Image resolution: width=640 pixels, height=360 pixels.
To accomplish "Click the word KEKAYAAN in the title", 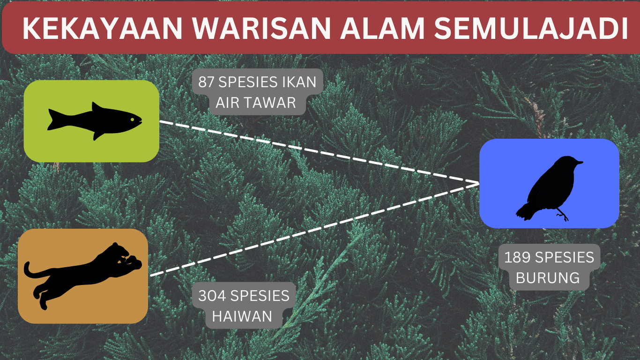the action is (102, 28).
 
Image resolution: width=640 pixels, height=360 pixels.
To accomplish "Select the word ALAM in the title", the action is (382, 28).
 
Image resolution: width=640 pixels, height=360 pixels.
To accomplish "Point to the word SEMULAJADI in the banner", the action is (530, 28).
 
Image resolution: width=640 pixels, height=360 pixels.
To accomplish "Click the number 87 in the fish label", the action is (206, 82).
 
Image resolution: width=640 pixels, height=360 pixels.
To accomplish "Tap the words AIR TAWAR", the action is (256, 103).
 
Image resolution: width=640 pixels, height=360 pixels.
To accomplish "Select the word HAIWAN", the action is (242, 316).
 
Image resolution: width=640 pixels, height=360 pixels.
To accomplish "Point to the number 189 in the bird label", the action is (517, 257).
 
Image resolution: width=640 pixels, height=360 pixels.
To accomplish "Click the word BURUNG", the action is (548, 278).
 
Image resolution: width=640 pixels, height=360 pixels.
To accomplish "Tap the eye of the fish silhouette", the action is (132, 120).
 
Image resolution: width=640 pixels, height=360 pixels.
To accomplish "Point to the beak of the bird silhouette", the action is (580, 163).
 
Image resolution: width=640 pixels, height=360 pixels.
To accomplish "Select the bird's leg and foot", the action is (562, 215).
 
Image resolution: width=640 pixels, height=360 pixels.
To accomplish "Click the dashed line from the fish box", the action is (319, 152).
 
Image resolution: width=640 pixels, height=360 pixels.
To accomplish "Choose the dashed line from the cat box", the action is (314, 230).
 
